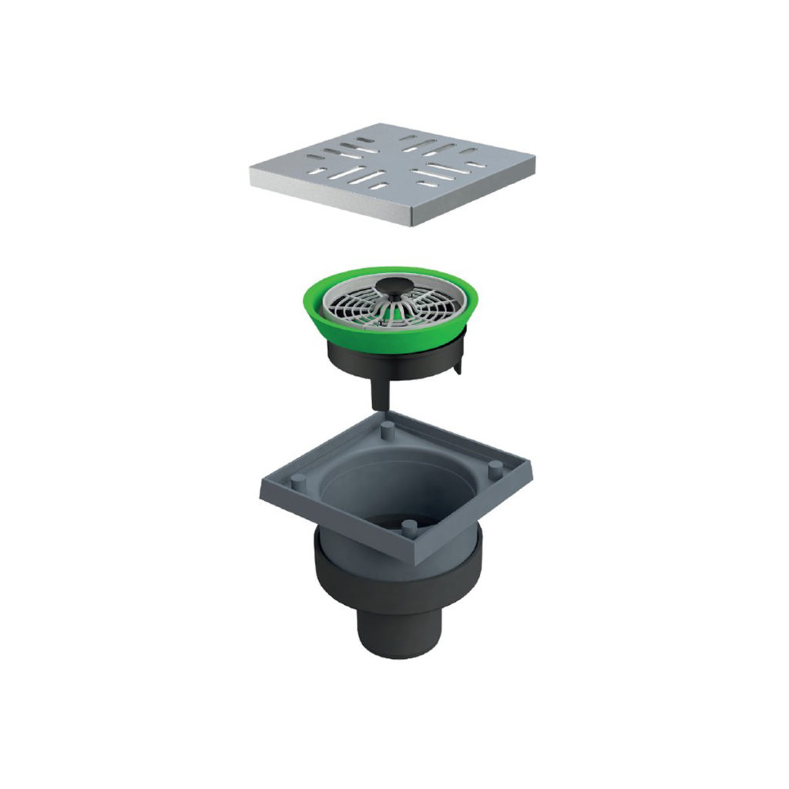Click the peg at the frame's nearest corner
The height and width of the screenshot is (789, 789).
coord(409,526)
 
